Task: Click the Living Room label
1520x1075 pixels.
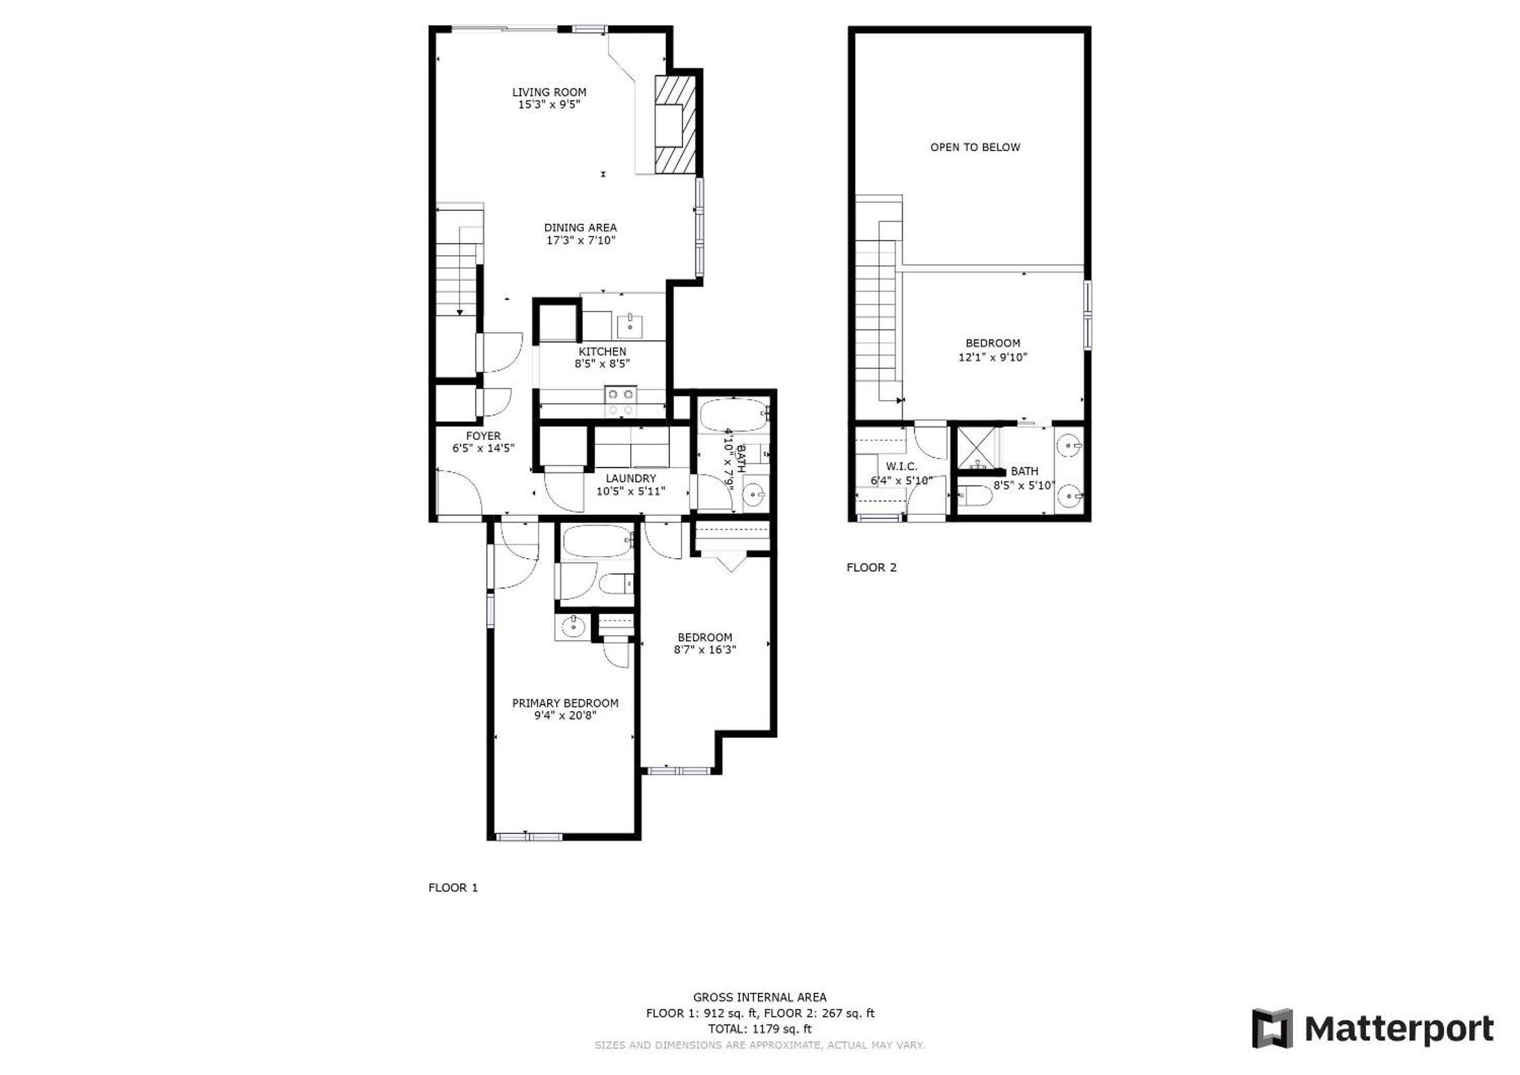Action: [x=549, y=92]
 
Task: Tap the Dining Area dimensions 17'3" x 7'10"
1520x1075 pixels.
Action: [x=581, y=240]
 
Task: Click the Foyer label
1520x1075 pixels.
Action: [x=483, y=436]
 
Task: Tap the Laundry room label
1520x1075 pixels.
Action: [x=631, y=478]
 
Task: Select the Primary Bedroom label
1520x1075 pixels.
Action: [x=565, y=703]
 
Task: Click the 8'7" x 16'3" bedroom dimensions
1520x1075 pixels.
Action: [x=705, y=650]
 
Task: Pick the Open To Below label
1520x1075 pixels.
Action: [x=975, y=147]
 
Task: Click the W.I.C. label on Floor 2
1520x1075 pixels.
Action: [x=901, y=467]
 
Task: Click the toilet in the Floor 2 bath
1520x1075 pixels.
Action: [x=974, y=495]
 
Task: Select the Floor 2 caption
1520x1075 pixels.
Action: [x=871, y=567]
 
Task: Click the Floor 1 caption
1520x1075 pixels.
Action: [x=453, y=888]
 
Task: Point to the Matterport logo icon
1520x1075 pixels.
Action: [x=1272, y=1028]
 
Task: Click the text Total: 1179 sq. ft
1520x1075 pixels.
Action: [x=759, y=1029]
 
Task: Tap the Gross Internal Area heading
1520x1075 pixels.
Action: [x=759, y=997]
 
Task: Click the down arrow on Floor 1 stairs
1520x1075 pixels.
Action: [x=459, y=311]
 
